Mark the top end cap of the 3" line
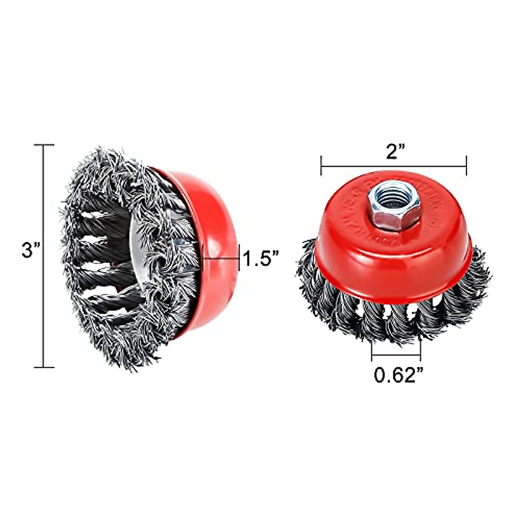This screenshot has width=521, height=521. [44, 145]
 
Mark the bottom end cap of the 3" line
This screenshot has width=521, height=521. [44, 367]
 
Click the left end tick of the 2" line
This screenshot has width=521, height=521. [321, 165]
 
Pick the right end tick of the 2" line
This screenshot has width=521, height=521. [466, 165]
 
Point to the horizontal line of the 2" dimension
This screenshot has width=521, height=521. [393, 166]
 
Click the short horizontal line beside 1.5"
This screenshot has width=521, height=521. [221, 259]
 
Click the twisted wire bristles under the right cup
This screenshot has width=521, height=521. [391, 317]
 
